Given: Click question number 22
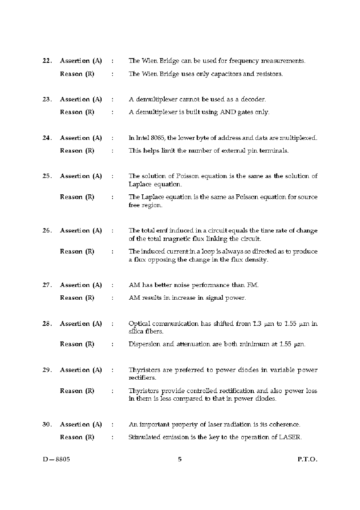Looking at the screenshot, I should [x=46, y=61].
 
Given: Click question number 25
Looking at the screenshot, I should [x=46, y=176].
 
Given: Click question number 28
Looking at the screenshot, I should [x=46, y=324].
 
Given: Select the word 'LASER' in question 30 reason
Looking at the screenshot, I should [x=290, y=437].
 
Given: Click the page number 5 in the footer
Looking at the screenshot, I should [x=180, y=459].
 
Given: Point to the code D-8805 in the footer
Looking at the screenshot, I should [x=56, y=459].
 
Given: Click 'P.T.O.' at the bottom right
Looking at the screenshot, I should [x=307, y=459].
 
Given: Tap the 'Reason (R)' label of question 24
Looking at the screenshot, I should [x=77, y=151].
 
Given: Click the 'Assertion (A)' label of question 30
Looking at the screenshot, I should [x=81, y=425].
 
